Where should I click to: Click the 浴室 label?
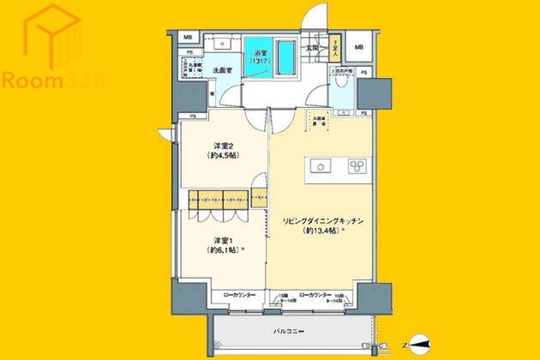click(x=258, y=52)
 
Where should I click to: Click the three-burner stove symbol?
click(x=357, y=166)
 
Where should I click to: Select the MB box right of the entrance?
click(x=359, y=47)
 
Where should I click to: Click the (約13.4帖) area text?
click(x=322, y=231)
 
